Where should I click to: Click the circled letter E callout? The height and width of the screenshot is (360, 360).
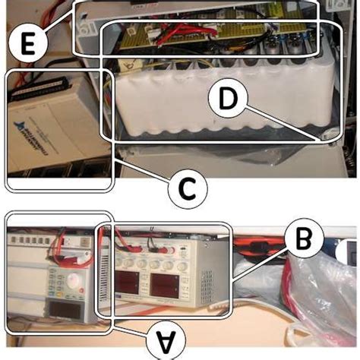point(27,43)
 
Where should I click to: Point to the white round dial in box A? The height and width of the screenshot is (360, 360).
point(75,283)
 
